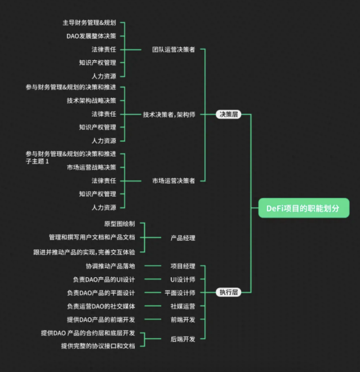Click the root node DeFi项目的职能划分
(x=303, y=208)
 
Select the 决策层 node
(x=228, y=114)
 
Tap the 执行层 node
(x=228, y=293)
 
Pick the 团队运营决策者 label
(x=174, y=50)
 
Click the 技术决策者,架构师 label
(x=169, y=114)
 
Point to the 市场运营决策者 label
(x=174, y=181)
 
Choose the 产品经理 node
(x=183, y=238)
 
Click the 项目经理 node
(x=183, y=266)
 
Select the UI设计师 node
(x=183, y=280)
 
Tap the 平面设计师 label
(x=180, y=293)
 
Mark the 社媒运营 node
(x=183, y=306)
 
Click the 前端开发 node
(x=183, y=320)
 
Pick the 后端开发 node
(x=183, y=339)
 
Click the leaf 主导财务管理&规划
(x=89, y=23)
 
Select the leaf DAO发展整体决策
(x=91, y=36)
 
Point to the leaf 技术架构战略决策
(x=91, y=100)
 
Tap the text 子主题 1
(x=38, y=162)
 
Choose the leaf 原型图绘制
(x=119, y=224)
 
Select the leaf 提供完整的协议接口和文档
(x=98, y=346)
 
